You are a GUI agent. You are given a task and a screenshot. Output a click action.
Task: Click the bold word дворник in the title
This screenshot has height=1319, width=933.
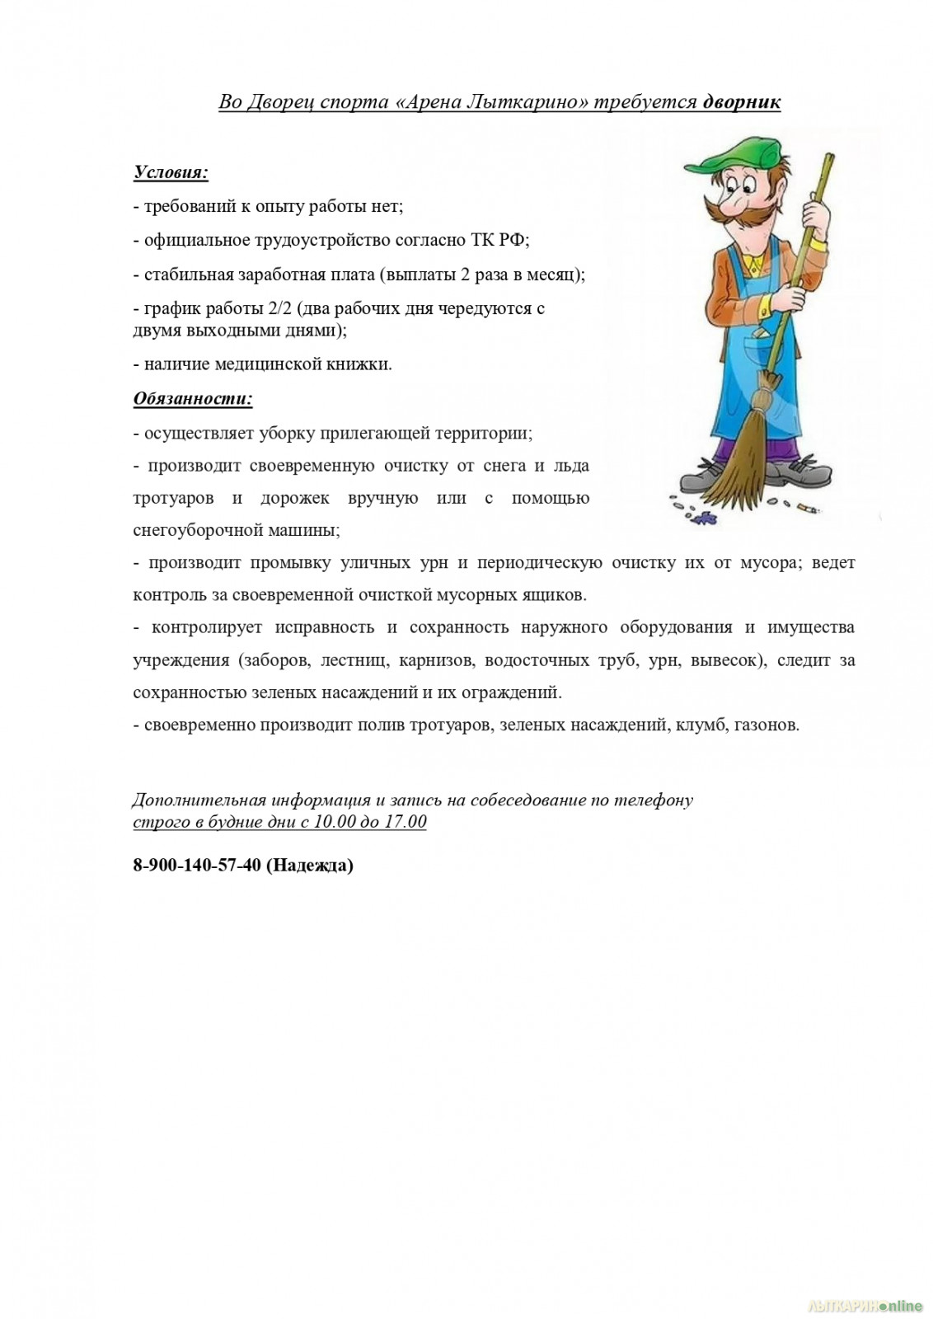(x=741, y=102)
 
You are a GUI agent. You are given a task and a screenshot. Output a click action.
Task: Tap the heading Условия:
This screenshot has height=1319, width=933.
(x=171, y=173)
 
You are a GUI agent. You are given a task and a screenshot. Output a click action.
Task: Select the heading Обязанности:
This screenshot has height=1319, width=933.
(x=193, y=399)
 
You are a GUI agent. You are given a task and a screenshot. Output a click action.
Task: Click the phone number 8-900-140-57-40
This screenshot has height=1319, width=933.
(x=197, y=865)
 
